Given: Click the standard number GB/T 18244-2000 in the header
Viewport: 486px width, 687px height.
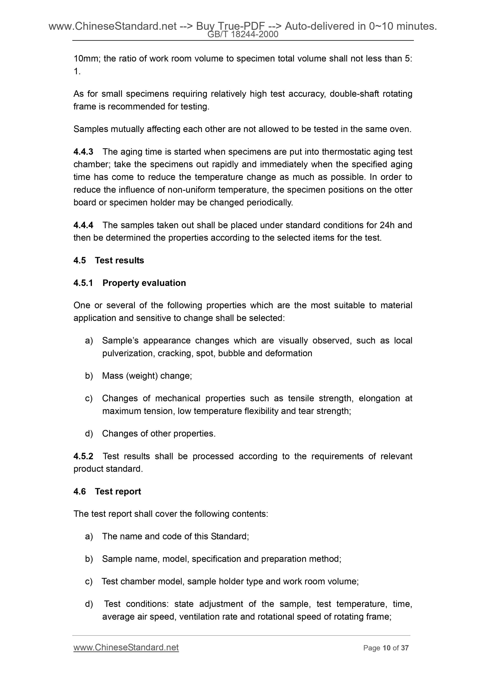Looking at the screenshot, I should pos(243,35).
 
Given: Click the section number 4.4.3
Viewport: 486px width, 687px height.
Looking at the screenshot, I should pos(83,152).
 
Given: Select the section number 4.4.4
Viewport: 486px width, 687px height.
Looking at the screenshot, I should pos(83,225).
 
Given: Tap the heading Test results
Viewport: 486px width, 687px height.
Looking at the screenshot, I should pos(119,260).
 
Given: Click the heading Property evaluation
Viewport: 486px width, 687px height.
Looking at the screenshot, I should pos(144,283).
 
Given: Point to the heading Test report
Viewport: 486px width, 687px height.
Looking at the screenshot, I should pos(118,491).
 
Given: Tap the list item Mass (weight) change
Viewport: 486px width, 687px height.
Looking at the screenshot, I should pos(147,376).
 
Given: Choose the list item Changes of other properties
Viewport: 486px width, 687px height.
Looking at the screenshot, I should pos(159,433).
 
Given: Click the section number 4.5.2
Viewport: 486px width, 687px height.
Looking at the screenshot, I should pos(83,456).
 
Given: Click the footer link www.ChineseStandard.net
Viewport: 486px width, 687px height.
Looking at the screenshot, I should pos(126,648).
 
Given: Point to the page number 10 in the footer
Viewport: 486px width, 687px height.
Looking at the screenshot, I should pos(387,648).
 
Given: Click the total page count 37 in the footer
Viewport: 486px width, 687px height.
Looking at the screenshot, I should pos(405,648).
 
